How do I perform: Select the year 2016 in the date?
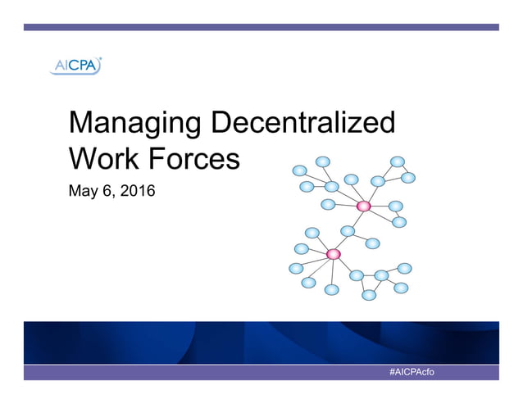(137, 193)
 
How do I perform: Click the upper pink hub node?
(364, 206)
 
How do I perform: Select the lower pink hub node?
(333, 254)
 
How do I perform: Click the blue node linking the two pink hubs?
(348, 231)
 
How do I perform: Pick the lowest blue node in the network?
(369, 295)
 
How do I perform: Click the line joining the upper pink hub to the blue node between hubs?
(357, 218)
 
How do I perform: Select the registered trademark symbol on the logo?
(99, 59)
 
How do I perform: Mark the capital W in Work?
(83, 157)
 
